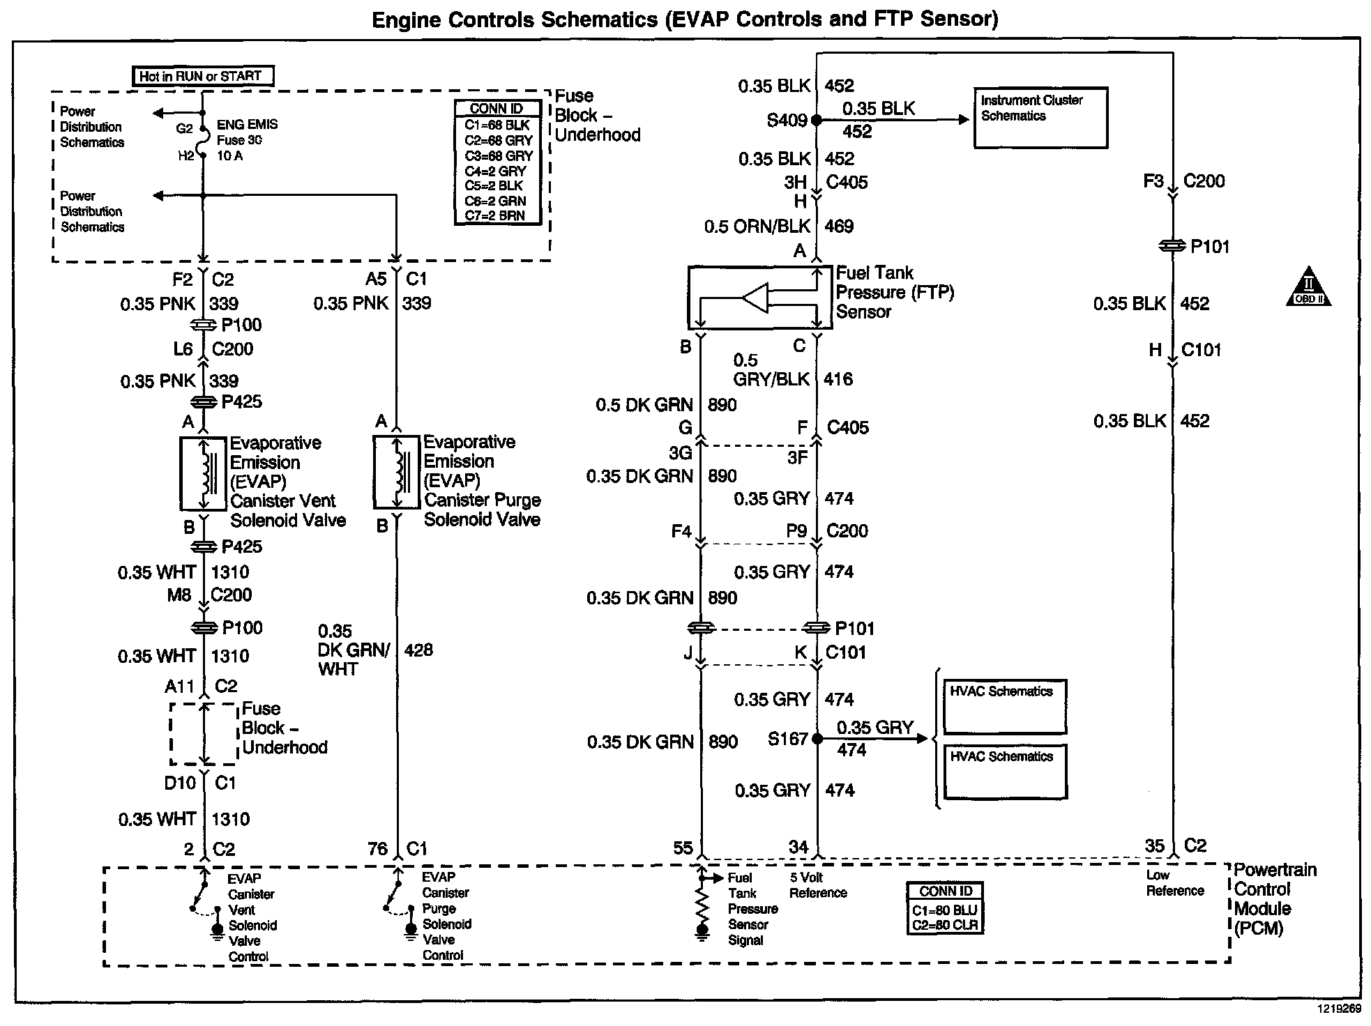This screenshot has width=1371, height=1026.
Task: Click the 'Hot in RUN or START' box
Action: pos(203,76)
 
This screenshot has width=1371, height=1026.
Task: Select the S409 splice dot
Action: pos(817,120)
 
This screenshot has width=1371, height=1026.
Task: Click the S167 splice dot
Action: pos(817,739)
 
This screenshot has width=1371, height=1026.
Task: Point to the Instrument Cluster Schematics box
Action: pos(1040,118)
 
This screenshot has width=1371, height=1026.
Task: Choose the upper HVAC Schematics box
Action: pos(1005,706)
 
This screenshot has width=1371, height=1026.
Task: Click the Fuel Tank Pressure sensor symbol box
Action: pos(759,298)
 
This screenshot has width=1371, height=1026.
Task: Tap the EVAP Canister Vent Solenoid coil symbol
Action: pos(204,474)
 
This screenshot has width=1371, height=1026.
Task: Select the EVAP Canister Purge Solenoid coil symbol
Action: pos(397,473)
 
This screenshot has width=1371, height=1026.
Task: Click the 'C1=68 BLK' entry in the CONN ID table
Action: pos(497,125)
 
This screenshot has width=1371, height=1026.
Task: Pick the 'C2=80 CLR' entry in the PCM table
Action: pos(945,926)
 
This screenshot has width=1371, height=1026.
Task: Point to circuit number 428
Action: pos(418,650)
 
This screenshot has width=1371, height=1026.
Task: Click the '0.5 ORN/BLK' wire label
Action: pos(757,227)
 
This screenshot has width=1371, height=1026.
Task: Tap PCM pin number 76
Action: pos(377,849)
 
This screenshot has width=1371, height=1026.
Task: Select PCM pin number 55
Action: pos(683,848)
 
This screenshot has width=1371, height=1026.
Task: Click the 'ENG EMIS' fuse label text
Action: pos(247,125)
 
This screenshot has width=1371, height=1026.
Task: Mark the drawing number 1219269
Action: pos(1338,1009)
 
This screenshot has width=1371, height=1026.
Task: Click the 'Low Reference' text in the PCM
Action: pos(1174,883)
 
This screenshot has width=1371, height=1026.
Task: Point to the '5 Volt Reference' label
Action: pos(817,885)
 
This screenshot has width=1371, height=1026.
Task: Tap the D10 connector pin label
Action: pos(180,783)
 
